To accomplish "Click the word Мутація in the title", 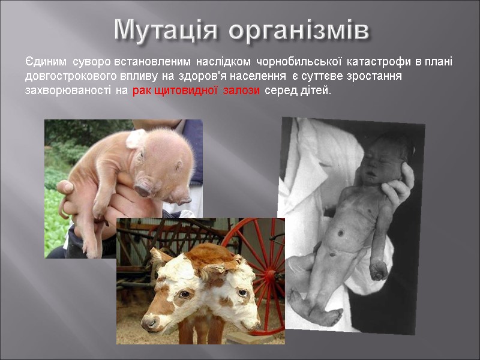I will (x=169, y=29).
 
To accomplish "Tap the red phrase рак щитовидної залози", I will (x=196, y=91).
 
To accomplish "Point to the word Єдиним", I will (x=46, y=62).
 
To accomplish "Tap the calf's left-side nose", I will (x=151, y=322).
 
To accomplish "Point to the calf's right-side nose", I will (x=246, y=320).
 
